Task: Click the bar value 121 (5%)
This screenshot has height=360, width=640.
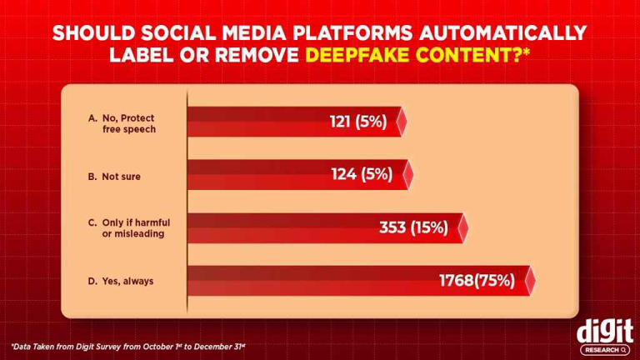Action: tap(358, 122)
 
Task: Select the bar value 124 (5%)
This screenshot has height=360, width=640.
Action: tap(361, 175)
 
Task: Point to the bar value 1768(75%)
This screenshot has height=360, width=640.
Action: tap(477, 281)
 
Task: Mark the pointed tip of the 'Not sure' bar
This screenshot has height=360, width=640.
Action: tap(411, 175)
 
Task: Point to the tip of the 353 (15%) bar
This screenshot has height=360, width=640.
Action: tap(465, 227)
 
